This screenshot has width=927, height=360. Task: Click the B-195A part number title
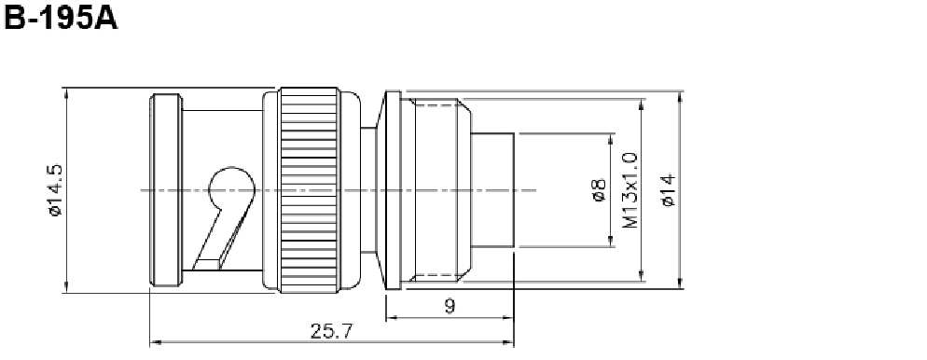pyautogui.click(x=61, y=18)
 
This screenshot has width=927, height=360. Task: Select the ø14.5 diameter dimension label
pyautogui.click(x=55, y=190)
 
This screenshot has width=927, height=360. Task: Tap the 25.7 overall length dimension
pyautogui.click(x=331, y=332)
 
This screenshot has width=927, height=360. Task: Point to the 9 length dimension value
pyautogui.click(x=450, y=306)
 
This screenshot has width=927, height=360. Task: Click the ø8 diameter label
pyautogui.click(x=599, y=190)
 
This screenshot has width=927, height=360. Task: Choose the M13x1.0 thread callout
pyautogui.click(x=630, y=190)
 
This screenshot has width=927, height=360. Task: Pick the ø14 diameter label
pyautogui.click(x=669, y=190)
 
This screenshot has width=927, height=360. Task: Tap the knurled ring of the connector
pyautogui.click(x=310, y=190)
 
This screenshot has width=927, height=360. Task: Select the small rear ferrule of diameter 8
pyautogui.click(x=492, y=190)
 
